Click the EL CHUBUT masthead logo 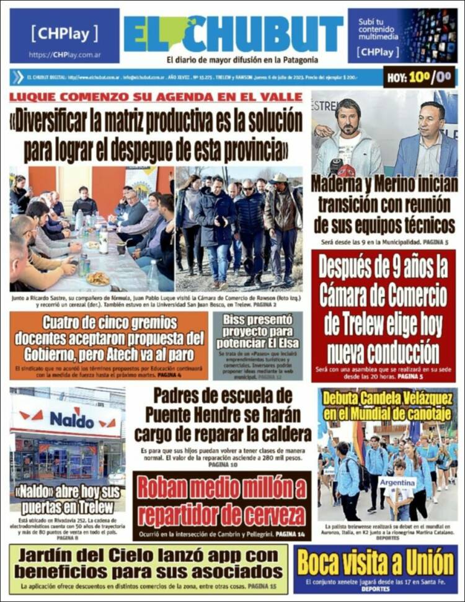[233, 33]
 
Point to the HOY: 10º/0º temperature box [419, 77]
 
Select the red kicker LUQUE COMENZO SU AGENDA [156, 97]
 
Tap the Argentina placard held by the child [397, 482]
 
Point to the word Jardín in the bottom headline [50, 555]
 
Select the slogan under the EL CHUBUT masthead [242, 60]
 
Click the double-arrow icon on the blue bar [17, 77]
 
